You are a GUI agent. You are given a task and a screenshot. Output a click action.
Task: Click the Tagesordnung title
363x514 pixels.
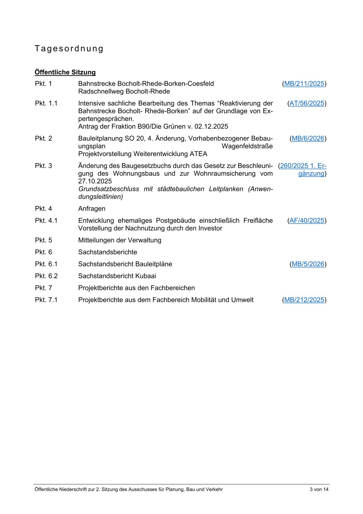click(69, 49)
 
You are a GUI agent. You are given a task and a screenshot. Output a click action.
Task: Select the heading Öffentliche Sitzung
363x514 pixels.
click(65, 72)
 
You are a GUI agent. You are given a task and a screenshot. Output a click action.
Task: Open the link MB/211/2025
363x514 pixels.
click(304, 84)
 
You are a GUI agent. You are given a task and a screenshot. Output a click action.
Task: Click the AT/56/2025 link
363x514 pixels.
click(307, 103)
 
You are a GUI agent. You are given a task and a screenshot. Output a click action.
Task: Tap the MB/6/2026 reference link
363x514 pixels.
click(308, 139)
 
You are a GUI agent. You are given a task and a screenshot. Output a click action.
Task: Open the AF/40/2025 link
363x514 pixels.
click(307, 221)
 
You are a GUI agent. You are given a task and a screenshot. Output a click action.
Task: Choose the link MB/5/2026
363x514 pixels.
click(308, 264)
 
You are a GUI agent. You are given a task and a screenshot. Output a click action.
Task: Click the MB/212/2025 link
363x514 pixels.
click(304, 300)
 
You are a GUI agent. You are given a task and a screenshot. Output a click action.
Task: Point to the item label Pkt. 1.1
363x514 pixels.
click(46, 103)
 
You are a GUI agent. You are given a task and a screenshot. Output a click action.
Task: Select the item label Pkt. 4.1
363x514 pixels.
click(46, 221)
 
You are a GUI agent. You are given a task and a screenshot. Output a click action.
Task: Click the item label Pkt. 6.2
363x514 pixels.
click(46, 276)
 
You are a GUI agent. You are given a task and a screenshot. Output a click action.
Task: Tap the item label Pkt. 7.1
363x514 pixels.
click(46, 300)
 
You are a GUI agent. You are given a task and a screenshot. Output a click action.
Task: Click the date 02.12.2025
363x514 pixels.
click(211, 127)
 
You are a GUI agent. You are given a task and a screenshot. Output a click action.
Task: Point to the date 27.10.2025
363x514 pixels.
click(95, 181)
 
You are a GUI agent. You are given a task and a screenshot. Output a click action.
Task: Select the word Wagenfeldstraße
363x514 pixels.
click(247, 146)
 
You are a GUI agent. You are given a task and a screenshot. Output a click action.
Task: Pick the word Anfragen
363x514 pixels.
click(92, 209)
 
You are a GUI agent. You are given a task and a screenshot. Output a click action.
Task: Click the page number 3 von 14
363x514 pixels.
click(319, 490)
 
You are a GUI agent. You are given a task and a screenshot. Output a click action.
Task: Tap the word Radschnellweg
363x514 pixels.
click(101, 92)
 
